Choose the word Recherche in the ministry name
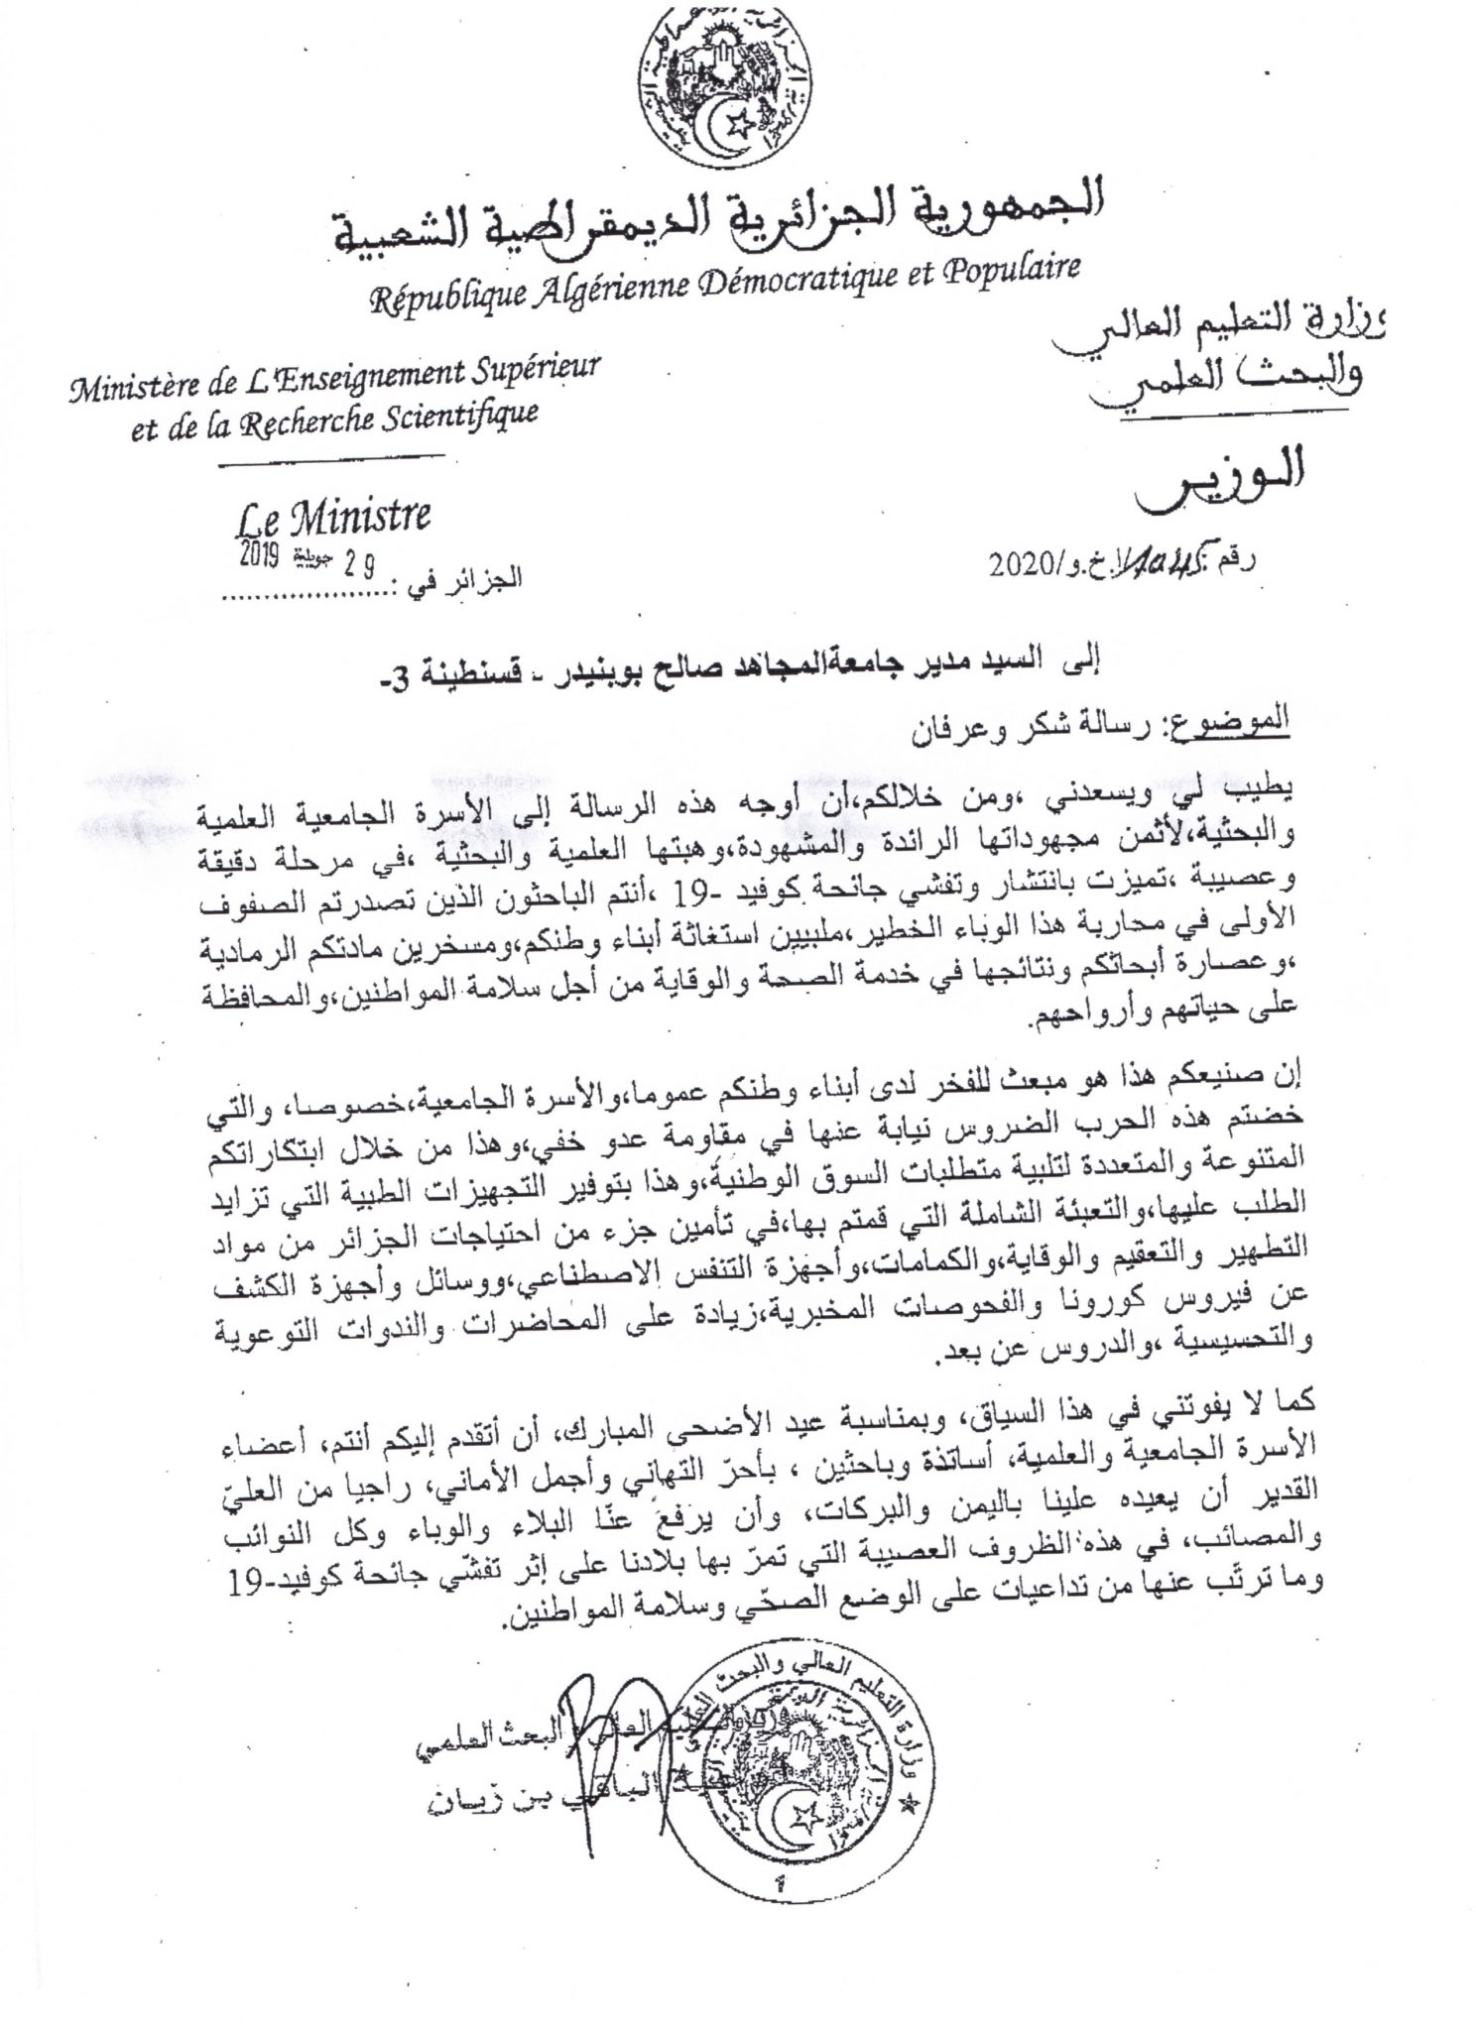(x=326, y=420)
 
